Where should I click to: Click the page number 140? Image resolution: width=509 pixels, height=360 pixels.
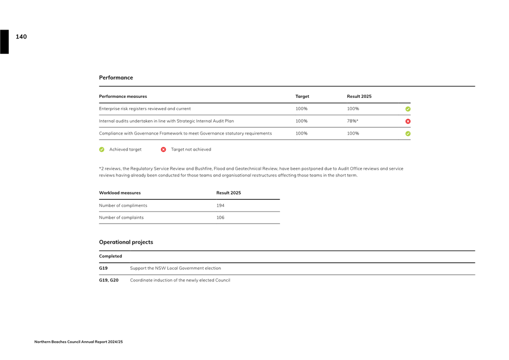pos(21,37)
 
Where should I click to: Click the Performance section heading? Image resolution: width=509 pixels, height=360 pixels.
pos(116,77)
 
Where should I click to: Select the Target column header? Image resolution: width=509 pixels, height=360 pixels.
pos(302,96)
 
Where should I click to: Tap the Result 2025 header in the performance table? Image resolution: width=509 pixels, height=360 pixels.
pos(359,96)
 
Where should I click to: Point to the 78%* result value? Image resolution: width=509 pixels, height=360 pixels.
pos(353,121)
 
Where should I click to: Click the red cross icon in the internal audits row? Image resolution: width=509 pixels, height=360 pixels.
pos(408,121)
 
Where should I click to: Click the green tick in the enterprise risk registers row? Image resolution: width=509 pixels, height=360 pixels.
pos(408,109)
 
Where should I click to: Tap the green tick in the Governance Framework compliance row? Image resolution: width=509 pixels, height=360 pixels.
pos(408,134)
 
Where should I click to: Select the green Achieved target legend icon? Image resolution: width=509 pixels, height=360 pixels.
pos(102,149)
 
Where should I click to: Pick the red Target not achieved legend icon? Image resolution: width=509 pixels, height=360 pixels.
pos(163,149)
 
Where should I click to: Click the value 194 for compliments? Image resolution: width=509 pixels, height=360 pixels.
pos(221,205)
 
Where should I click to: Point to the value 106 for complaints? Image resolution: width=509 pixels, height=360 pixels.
pos(221,218)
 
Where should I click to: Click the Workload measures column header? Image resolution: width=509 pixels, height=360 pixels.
pos(120,193)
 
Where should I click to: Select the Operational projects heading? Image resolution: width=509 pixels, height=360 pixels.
pos(126,242)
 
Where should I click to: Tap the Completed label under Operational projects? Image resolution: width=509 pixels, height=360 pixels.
pos(110,256)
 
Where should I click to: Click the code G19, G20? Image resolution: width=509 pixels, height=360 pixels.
pos(109,280)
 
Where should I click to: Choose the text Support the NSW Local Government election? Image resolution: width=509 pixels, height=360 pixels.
pos(175,268)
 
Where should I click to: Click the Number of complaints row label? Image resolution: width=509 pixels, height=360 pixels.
pos(121,218)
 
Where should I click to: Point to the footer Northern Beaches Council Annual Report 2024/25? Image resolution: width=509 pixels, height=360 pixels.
pos(79,342)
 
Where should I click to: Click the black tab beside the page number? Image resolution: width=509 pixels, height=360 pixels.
pos(4,42)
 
